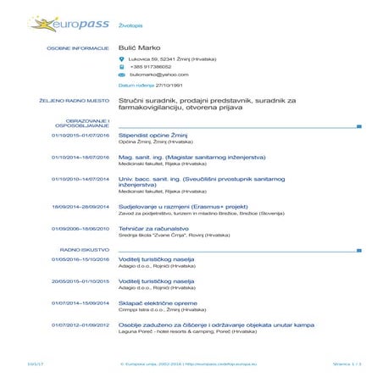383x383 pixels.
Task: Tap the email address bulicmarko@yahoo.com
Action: [x=153, y=75]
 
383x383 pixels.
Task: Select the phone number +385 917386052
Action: [x=151, y=67]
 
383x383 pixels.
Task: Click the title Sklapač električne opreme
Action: [x=158, y=303]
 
